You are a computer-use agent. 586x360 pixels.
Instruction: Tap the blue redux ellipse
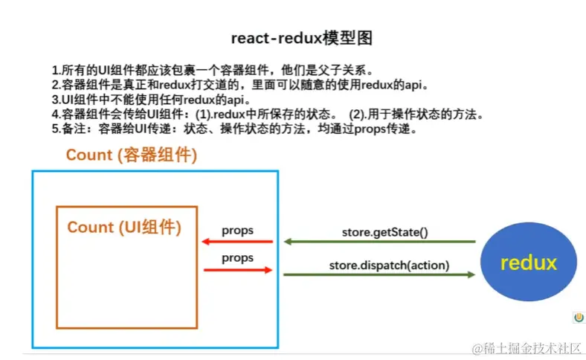click(528, 263)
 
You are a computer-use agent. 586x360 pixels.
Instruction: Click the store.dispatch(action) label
click(389, 265)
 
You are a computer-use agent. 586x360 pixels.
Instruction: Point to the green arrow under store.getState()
click(379, 242)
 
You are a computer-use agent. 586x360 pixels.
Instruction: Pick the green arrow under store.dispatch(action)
click(379, 274)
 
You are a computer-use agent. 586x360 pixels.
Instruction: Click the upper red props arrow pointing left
click(236, 242)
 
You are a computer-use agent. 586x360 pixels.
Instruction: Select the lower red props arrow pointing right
click(236, 269)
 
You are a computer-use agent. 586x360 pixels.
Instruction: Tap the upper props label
click(237, 231)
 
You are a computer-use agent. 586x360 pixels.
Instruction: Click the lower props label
click(237, 258)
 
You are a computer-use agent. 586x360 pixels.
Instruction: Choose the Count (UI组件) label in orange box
click(124, 228)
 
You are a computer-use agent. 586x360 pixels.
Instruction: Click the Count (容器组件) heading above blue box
click(132, 155)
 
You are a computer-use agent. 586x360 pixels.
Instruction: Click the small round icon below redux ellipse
click(578, 318)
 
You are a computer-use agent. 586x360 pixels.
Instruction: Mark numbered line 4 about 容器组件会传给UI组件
click(268, 114)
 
